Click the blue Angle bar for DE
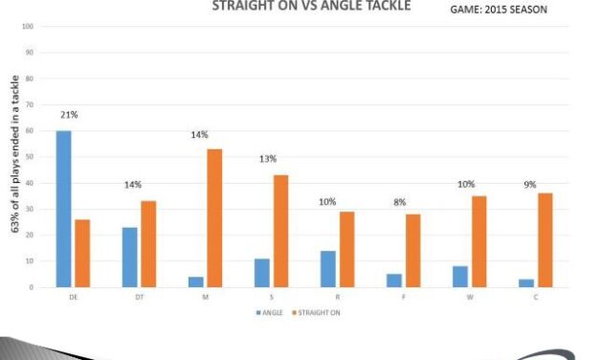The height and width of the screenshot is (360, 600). click(x=63, y=209)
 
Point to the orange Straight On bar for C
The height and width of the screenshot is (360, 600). click(x=544, y=240)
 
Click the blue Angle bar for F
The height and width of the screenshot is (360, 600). click(x=393, y=281)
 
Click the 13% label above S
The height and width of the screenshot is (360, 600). click(x=269, y=159)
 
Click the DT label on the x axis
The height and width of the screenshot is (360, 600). click(x=139, y=298)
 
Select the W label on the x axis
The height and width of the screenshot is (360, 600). click(x=469, y=298)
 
